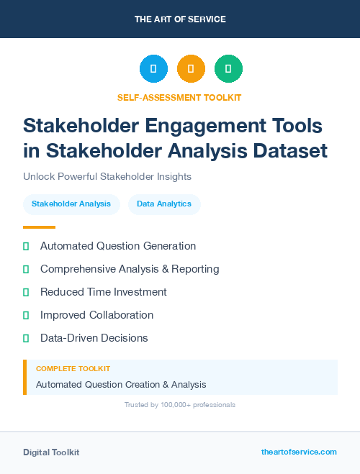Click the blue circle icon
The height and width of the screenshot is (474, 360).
(153, 68)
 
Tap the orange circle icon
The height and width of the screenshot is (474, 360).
(191, 68)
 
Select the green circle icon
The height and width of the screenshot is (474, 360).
(228, 68)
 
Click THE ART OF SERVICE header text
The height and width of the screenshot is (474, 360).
(180, 19)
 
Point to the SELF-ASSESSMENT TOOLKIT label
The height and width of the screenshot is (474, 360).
(179, 97)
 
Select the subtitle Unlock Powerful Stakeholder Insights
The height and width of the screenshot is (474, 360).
(107, 176)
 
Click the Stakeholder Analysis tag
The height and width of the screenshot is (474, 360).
(71, 204)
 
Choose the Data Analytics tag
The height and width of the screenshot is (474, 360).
(164, 204)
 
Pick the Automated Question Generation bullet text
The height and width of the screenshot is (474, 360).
(118, 246)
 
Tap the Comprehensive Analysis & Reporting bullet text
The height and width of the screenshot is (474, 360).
(130, 269)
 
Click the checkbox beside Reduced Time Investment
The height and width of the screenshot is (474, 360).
(26, 292)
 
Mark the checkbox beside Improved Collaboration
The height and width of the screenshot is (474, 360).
(26, 315)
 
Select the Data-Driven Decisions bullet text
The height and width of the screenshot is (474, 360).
(94, 338)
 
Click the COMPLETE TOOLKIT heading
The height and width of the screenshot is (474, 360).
(73, 368)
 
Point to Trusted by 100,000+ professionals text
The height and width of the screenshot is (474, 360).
(180, 405)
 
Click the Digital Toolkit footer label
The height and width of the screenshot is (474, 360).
(51, 452)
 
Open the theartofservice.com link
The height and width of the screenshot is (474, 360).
(299, 452)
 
